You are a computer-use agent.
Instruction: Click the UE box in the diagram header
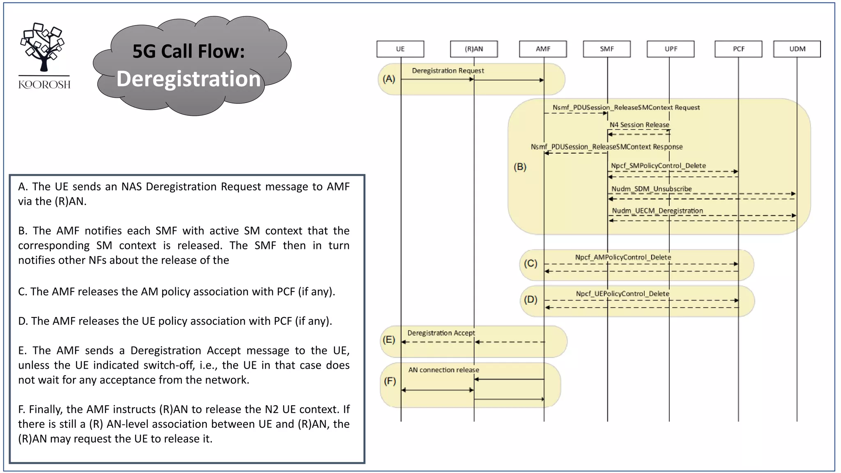point(400,49)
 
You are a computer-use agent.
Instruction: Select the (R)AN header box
point(473,49)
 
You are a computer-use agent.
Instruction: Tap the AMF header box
point(542,49)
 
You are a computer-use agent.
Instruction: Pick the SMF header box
point(607,49)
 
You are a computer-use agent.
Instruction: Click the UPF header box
point(671,49)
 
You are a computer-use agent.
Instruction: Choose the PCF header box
point(738,49)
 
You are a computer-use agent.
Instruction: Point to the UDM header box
point(797,49)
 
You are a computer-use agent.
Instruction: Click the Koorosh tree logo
point(43,47)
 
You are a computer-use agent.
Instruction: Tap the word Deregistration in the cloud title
point(188,79)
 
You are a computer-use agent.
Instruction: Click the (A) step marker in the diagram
point(389,79)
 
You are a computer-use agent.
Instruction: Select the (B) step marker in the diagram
point(520,167)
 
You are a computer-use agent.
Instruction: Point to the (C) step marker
point(531,263)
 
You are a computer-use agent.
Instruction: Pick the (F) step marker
point(390,381)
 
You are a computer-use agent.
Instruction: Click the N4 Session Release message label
point(639,125)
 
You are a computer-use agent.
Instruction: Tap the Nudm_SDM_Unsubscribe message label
point(651,189)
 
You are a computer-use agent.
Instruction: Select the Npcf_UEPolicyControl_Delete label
point(622,294)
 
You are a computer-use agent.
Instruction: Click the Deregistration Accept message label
point(441,333)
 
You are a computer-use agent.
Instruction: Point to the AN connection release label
point(443,370)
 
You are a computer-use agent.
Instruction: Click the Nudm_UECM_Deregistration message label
point(657,211)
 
